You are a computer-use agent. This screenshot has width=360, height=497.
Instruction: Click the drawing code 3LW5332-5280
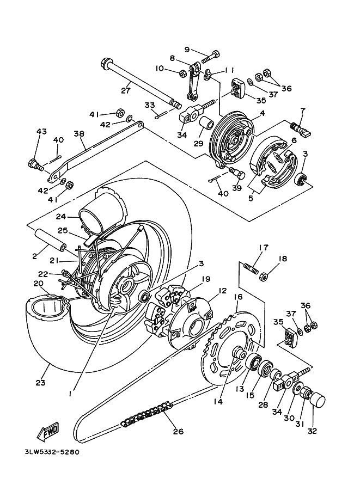pos(56,452)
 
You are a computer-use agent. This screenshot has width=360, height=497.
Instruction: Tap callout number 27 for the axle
pos(126,90)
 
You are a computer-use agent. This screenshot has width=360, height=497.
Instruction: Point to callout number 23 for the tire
pos(40,383)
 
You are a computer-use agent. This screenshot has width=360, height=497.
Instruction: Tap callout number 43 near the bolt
pos(41,132)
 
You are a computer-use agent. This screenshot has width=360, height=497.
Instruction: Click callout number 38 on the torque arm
pos(79,133)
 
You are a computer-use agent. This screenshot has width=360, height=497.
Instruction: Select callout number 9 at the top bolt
pos(186,50)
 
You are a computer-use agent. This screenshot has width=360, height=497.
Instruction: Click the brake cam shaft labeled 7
pos(301,128)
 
